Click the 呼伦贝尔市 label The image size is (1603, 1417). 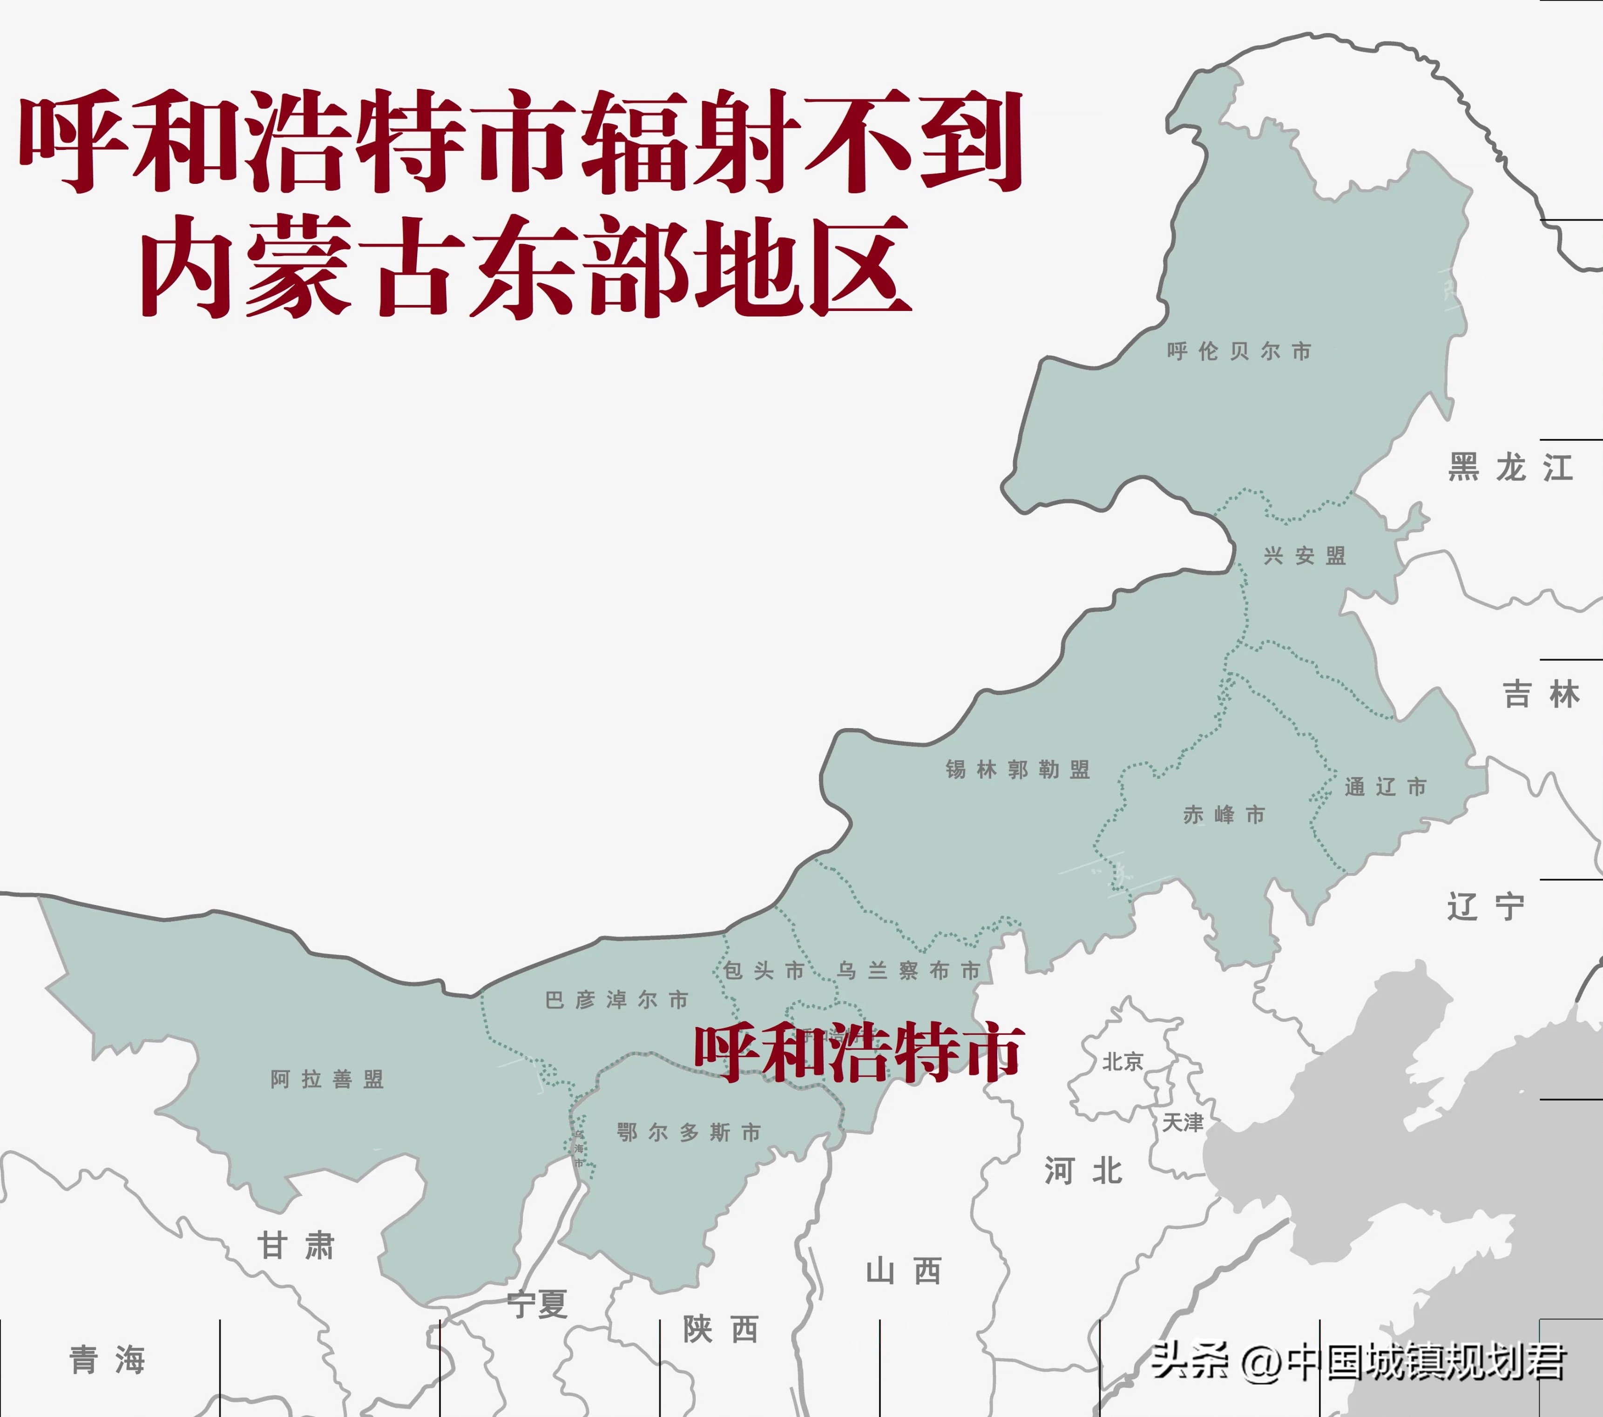[1238, 351]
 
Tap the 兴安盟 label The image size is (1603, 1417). [1304, 556]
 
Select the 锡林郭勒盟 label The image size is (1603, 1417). [1017, 769]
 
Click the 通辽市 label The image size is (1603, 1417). [1385, 787]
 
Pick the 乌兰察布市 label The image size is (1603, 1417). [908, 971]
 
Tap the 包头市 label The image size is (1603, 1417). [763, 971]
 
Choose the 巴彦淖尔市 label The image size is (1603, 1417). [616, 1000]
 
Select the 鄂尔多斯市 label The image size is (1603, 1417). [689, 1133]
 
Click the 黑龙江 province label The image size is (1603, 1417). [1510, 468]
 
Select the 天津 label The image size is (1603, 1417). [1182, 1123]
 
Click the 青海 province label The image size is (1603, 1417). [108, 1361]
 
